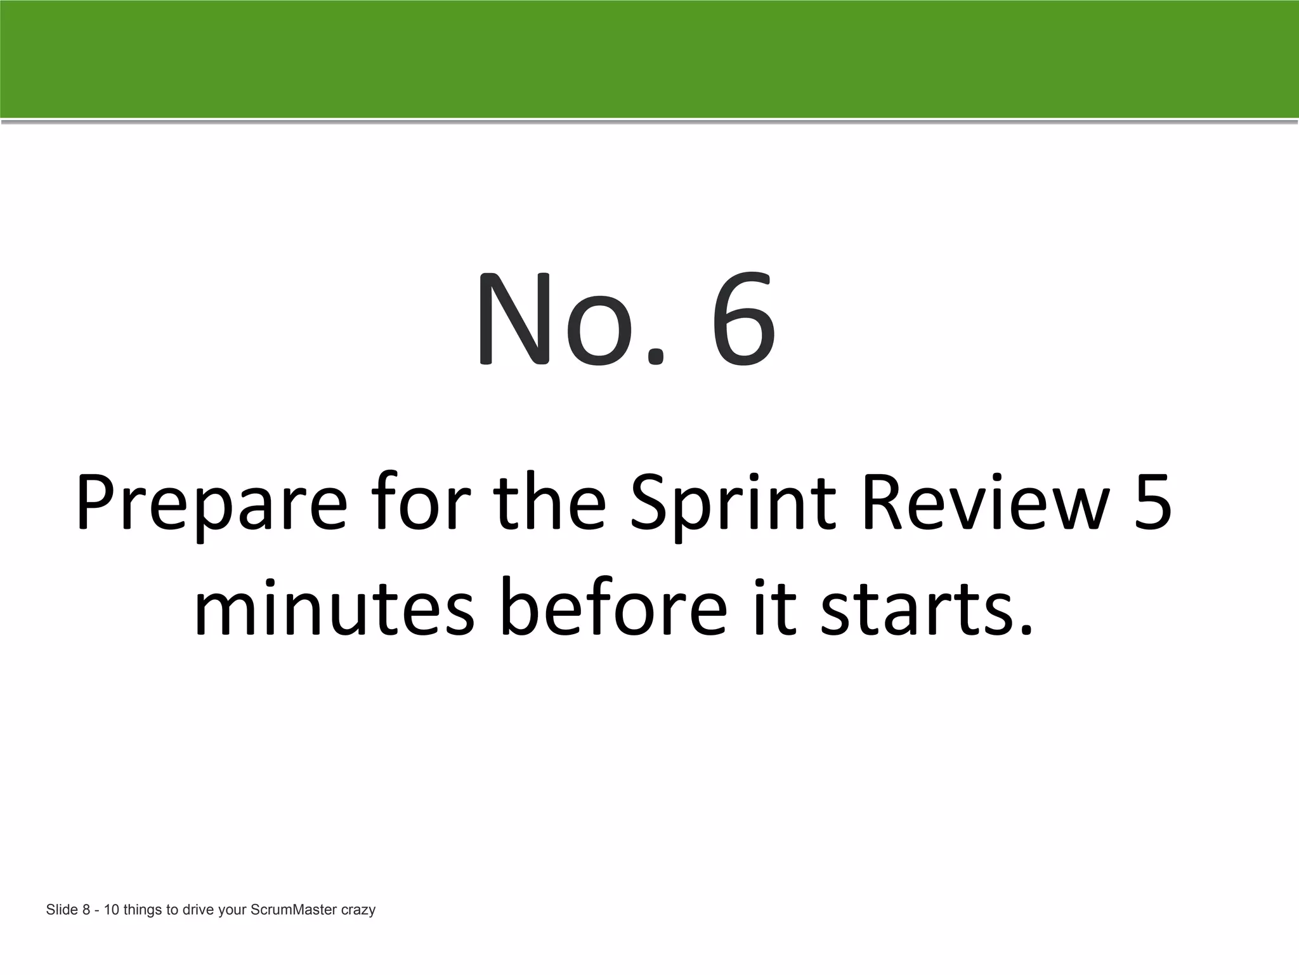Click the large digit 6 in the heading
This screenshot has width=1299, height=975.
[x=743, y=319]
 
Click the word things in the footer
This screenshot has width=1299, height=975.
[x=143, y=910]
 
